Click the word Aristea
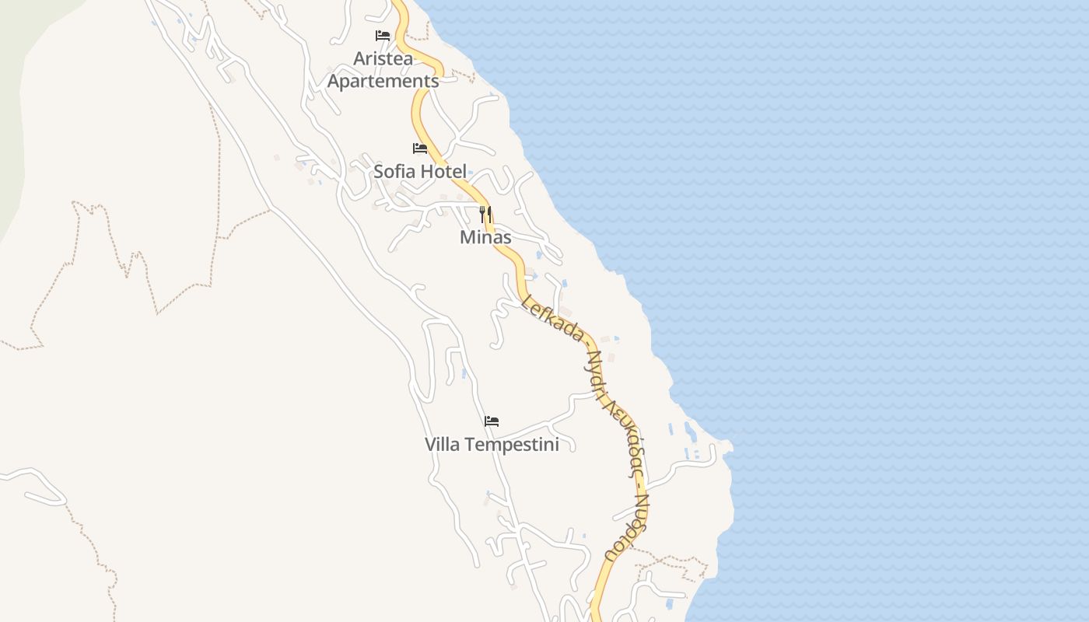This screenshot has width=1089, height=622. pos(383,58)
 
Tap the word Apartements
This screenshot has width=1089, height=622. pos(383,81)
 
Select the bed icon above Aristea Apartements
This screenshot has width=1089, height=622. pos(382,36)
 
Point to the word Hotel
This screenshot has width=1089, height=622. pos(444,172)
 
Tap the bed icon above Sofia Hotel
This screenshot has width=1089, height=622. pos(420,149)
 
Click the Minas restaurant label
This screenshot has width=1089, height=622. pos(485,237)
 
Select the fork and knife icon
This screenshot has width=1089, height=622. pos(485,212)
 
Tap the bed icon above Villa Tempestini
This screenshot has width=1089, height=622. pos(491,421)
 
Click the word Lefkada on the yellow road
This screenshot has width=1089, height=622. pos(553,318)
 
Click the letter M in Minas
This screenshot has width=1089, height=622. pos(467,237)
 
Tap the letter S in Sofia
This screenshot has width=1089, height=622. pos(380,172)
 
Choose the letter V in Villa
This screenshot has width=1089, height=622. pos(430,445)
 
